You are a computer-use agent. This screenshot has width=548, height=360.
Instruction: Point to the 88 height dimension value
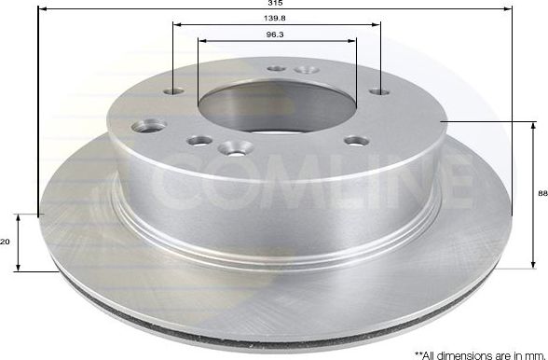pos(542,192)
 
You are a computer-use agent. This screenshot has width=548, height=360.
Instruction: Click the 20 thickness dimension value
pos(6,242)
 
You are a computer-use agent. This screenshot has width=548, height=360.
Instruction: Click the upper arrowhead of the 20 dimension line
pos(19,216)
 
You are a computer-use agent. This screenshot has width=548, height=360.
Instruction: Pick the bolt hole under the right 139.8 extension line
pos(378,91)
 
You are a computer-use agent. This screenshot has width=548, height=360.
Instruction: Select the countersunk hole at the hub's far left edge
pos(151,125)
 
